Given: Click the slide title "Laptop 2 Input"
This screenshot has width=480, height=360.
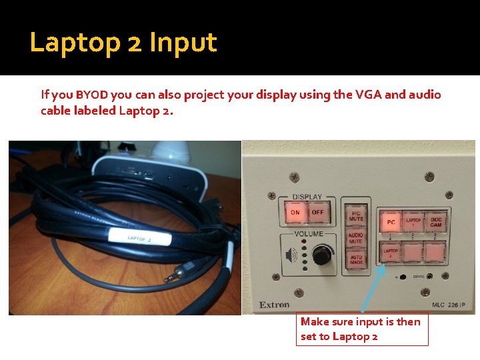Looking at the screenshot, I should tap(123, 43).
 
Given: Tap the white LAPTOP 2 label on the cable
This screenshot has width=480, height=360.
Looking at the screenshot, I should tap(139, 239).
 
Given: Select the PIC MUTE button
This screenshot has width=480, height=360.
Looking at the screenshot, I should tap(355, 215).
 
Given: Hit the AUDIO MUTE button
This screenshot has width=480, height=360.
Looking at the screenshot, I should tap(355, 238).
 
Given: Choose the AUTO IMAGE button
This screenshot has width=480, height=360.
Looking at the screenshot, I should tap(355, 261).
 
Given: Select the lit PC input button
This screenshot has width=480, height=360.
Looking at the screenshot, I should tap(391, 221).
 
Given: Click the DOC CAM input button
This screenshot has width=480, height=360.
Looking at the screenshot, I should tap(436, 221).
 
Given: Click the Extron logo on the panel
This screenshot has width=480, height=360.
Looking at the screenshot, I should tap(274, 305).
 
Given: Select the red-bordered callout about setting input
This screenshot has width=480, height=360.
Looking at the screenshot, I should tap(362, 329).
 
